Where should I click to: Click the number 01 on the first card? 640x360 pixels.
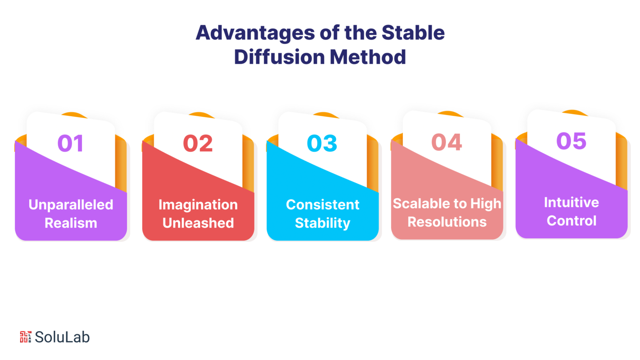click(x=70, y=143)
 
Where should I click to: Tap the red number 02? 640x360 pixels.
click(x=198, y=143)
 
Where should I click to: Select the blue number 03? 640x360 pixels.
click(x=322, y=143)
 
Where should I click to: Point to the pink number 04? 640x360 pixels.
click(x=447, y=142)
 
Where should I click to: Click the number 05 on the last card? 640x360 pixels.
click(x=571, y=141)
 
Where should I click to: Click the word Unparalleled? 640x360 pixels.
click(x=71, y=205)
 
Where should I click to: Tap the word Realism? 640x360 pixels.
click(x=71, y=223)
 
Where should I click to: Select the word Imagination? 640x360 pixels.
click(x=198, y=205)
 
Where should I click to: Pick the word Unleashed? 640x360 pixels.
click(x=198, y=223)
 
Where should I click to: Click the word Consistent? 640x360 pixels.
click(x=322, y=205)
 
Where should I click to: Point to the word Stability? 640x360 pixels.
click(x=322, y=223)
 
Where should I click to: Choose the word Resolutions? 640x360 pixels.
click(x=447, y=222)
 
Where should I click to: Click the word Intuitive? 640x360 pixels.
click(x=571, y=202)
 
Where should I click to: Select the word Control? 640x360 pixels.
click(x=571, y=220)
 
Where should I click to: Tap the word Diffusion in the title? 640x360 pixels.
click(x=280, y=57)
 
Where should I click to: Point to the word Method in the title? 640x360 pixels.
click(x=368, y=57)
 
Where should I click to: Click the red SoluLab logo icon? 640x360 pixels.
click(x=25, y=337)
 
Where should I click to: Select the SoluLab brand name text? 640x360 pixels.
click(x=62, y=337)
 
